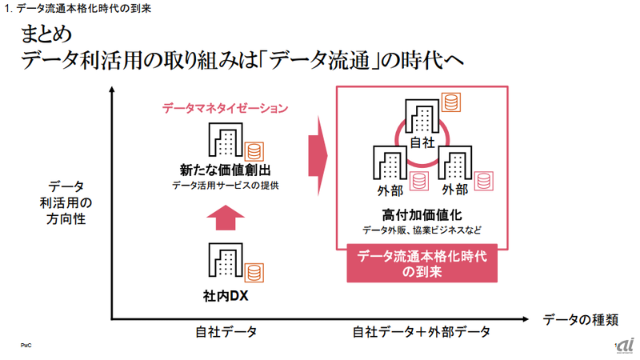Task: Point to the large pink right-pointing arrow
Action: (x=319, y=147)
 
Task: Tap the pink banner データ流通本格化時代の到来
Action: (x=423, y=263)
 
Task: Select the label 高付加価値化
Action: (x=423, y=214)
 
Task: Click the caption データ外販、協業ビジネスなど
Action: (x=423, y=230)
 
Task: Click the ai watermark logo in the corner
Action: (x=622, y=343)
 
